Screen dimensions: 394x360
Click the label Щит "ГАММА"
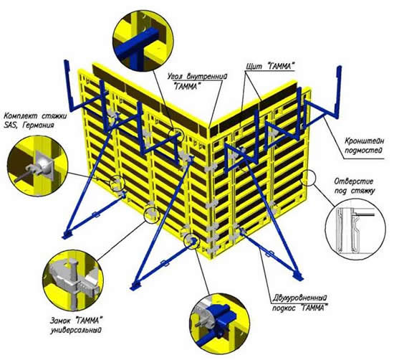point(269,66)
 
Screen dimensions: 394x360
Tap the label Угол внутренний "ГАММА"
point(197,80)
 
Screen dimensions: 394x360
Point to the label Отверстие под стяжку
point(354,186)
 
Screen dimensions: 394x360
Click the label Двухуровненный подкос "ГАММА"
point(300,303)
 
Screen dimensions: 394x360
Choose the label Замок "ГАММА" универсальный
point(76,325)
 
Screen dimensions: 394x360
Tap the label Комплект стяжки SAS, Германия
point(35,120)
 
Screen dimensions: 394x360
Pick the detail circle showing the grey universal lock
point(73,280)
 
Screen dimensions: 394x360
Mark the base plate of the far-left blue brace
point(67,235)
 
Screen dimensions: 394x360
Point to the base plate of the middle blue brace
point(136,286)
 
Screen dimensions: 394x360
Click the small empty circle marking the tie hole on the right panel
point(307,178)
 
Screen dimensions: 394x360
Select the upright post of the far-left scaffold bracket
point(68,85)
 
